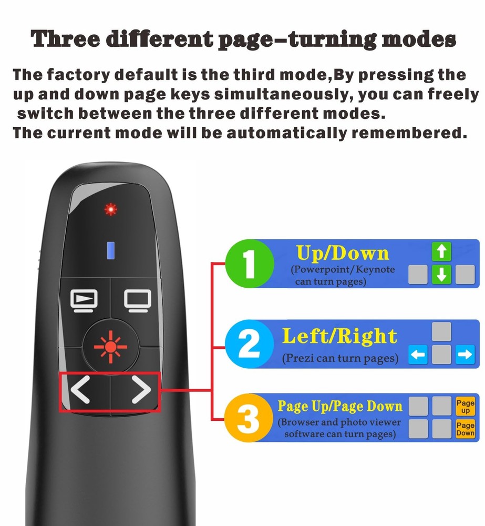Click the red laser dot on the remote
click(110, 209)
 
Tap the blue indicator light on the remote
click(110, 250)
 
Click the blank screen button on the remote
click(137, 300)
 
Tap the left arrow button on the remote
click(80, 391)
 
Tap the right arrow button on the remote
click(141, 391)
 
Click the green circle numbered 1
click(250, 263)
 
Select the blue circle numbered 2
click(250, 345)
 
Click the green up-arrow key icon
click(441, 252)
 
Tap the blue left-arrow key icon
click(418, 356)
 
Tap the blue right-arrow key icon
click(465, 356)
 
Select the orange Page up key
click(465, 406)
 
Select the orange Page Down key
click(465, 429)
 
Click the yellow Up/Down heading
click(343, 254)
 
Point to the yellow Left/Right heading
click(339, 336)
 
